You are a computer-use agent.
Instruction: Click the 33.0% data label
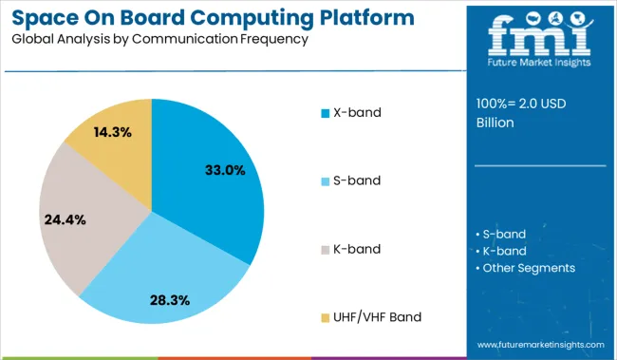pyautogui.click(x=225, y=170)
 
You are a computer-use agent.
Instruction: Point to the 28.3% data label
pyautogui.click(x=169, y=299)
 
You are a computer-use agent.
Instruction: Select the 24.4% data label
pyautogui.click(x=65, y=219)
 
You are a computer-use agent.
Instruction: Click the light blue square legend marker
pyautogui.click(x=325, y=181)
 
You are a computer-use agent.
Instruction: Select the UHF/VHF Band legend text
pyautogui.click(x=377, y=316)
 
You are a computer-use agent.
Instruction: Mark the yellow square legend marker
pyautogui.click(x=325, y=317)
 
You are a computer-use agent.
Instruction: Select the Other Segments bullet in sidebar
pyautogui.click(x=528, y=268)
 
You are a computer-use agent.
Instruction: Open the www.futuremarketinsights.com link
pyautogui.click(x=540, y=344)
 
